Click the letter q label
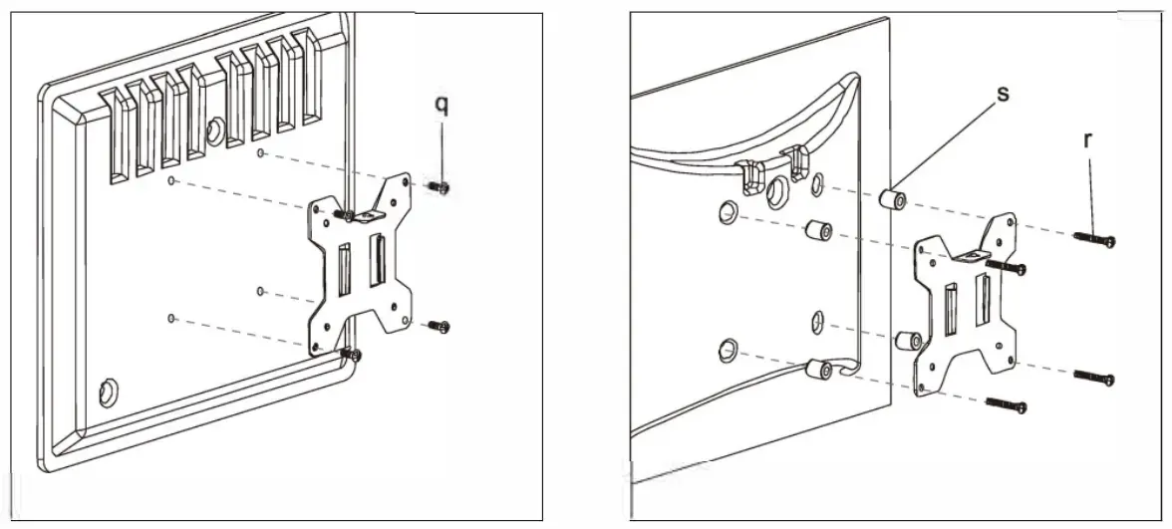pyautogui.click(x=441, y=105)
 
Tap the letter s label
pyautogui.click(x=1003, y=93)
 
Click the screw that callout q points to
pyautogui.click(x=439, y=186)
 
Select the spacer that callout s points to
pyautogui.click(x=893, y=198)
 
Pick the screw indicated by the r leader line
pyautogui.click(x=1094, y=239)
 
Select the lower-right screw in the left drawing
pyautogui.click(x=438, y=325)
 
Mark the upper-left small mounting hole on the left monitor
pyautogui.click(x=171, y=181)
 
